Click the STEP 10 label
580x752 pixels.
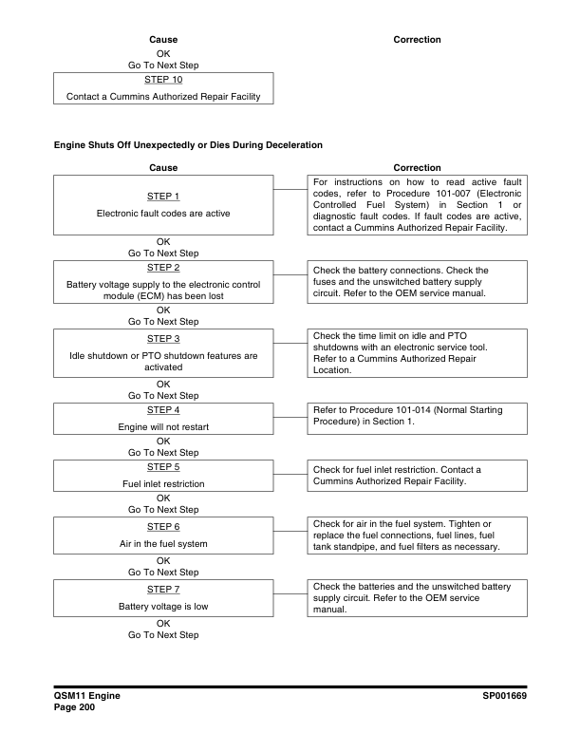point(164,80)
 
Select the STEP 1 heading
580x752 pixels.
point(164,197)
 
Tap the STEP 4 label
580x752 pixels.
point(164,410)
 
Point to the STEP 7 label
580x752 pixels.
point(164,589)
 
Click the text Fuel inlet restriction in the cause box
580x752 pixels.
point(164,484)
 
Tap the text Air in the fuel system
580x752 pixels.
point(164,543)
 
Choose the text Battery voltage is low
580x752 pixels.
point(164,605)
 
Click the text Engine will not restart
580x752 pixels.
point(164,426)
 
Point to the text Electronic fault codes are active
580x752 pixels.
point(164,213)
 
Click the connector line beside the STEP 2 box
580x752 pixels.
point(290,276)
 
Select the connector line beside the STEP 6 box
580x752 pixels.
point(290,531)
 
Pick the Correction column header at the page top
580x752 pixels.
point(417,39)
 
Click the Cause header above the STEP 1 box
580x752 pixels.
point(164,168)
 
